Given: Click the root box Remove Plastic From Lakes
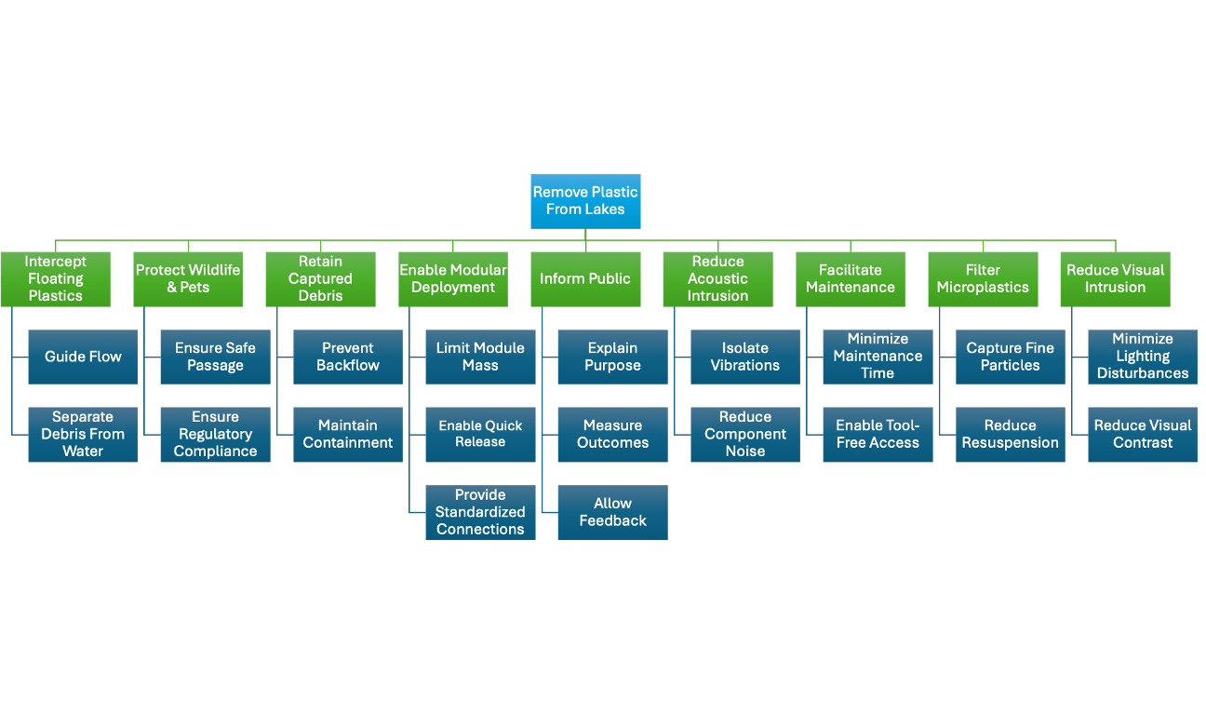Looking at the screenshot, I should click(585, 201).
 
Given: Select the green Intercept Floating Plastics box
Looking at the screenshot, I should click(55, 278).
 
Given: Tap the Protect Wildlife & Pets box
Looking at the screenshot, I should click(188, 278).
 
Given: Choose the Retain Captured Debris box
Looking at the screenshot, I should click(320, 278).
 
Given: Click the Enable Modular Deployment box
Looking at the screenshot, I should click(453, 278).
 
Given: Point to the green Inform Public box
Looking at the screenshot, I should click(585, 278).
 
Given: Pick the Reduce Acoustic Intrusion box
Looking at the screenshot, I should click(717, 278).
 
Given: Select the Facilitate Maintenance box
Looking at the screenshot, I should click(851, 278).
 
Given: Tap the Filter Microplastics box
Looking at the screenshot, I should click(983, 278).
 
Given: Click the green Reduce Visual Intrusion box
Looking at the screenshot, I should click(1115, 278).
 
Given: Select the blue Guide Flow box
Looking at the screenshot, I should click(83, 357).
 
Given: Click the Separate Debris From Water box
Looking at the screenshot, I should click(83, 434).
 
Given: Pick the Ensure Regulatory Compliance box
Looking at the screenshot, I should click(215, 434).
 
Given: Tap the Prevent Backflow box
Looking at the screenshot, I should click(348, 357).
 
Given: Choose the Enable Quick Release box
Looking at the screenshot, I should click(480, 434).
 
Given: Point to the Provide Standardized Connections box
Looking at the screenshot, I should click(480, 512).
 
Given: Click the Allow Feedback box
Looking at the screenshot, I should click(612, 512).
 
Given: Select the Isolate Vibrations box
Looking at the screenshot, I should click(745, 357).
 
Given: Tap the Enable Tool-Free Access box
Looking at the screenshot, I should click(878, 434).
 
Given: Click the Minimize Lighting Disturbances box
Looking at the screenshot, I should click(1143, 357).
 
